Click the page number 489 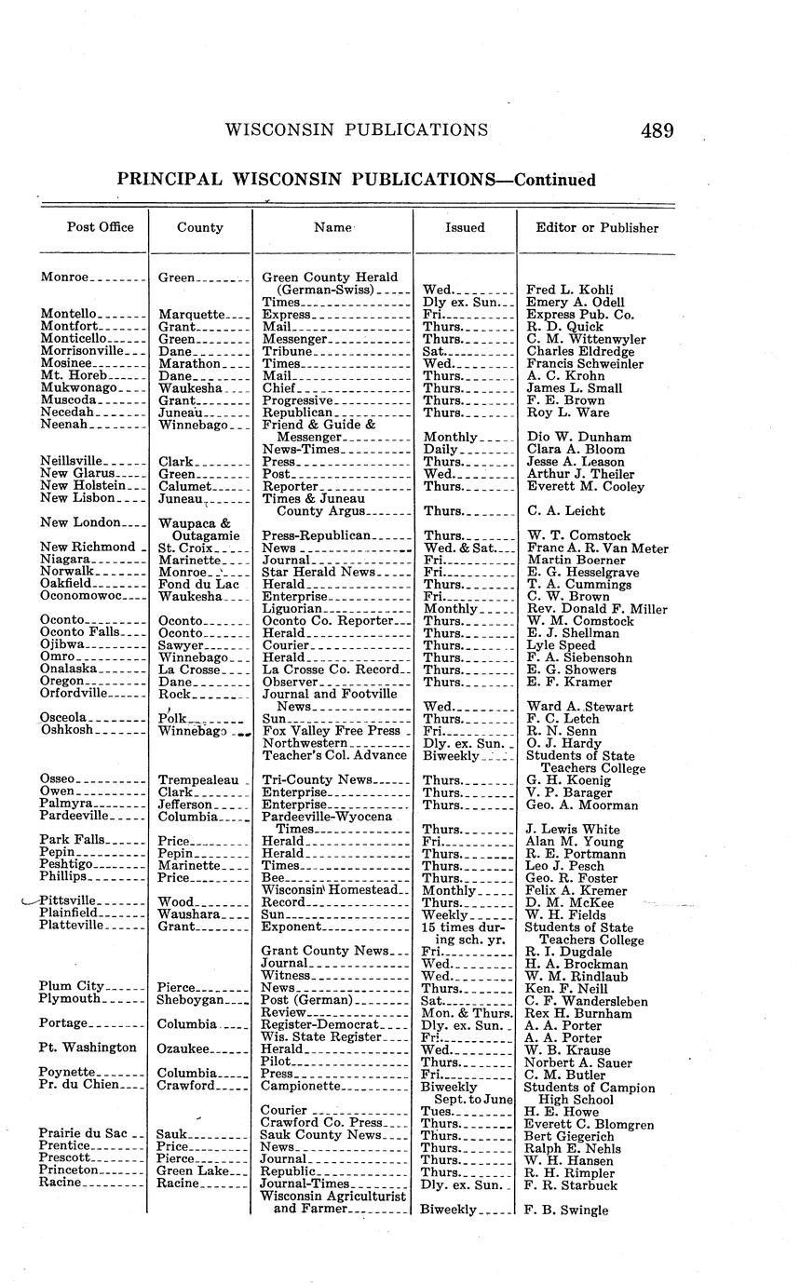click(657, 131)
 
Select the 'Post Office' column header click(100, 227)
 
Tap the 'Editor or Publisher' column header click(596, 228)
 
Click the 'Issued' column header click(465, 228)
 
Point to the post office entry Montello click(68, 315)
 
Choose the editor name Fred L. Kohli click(569, 291)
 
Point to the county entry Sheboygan click(191, 1000)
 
